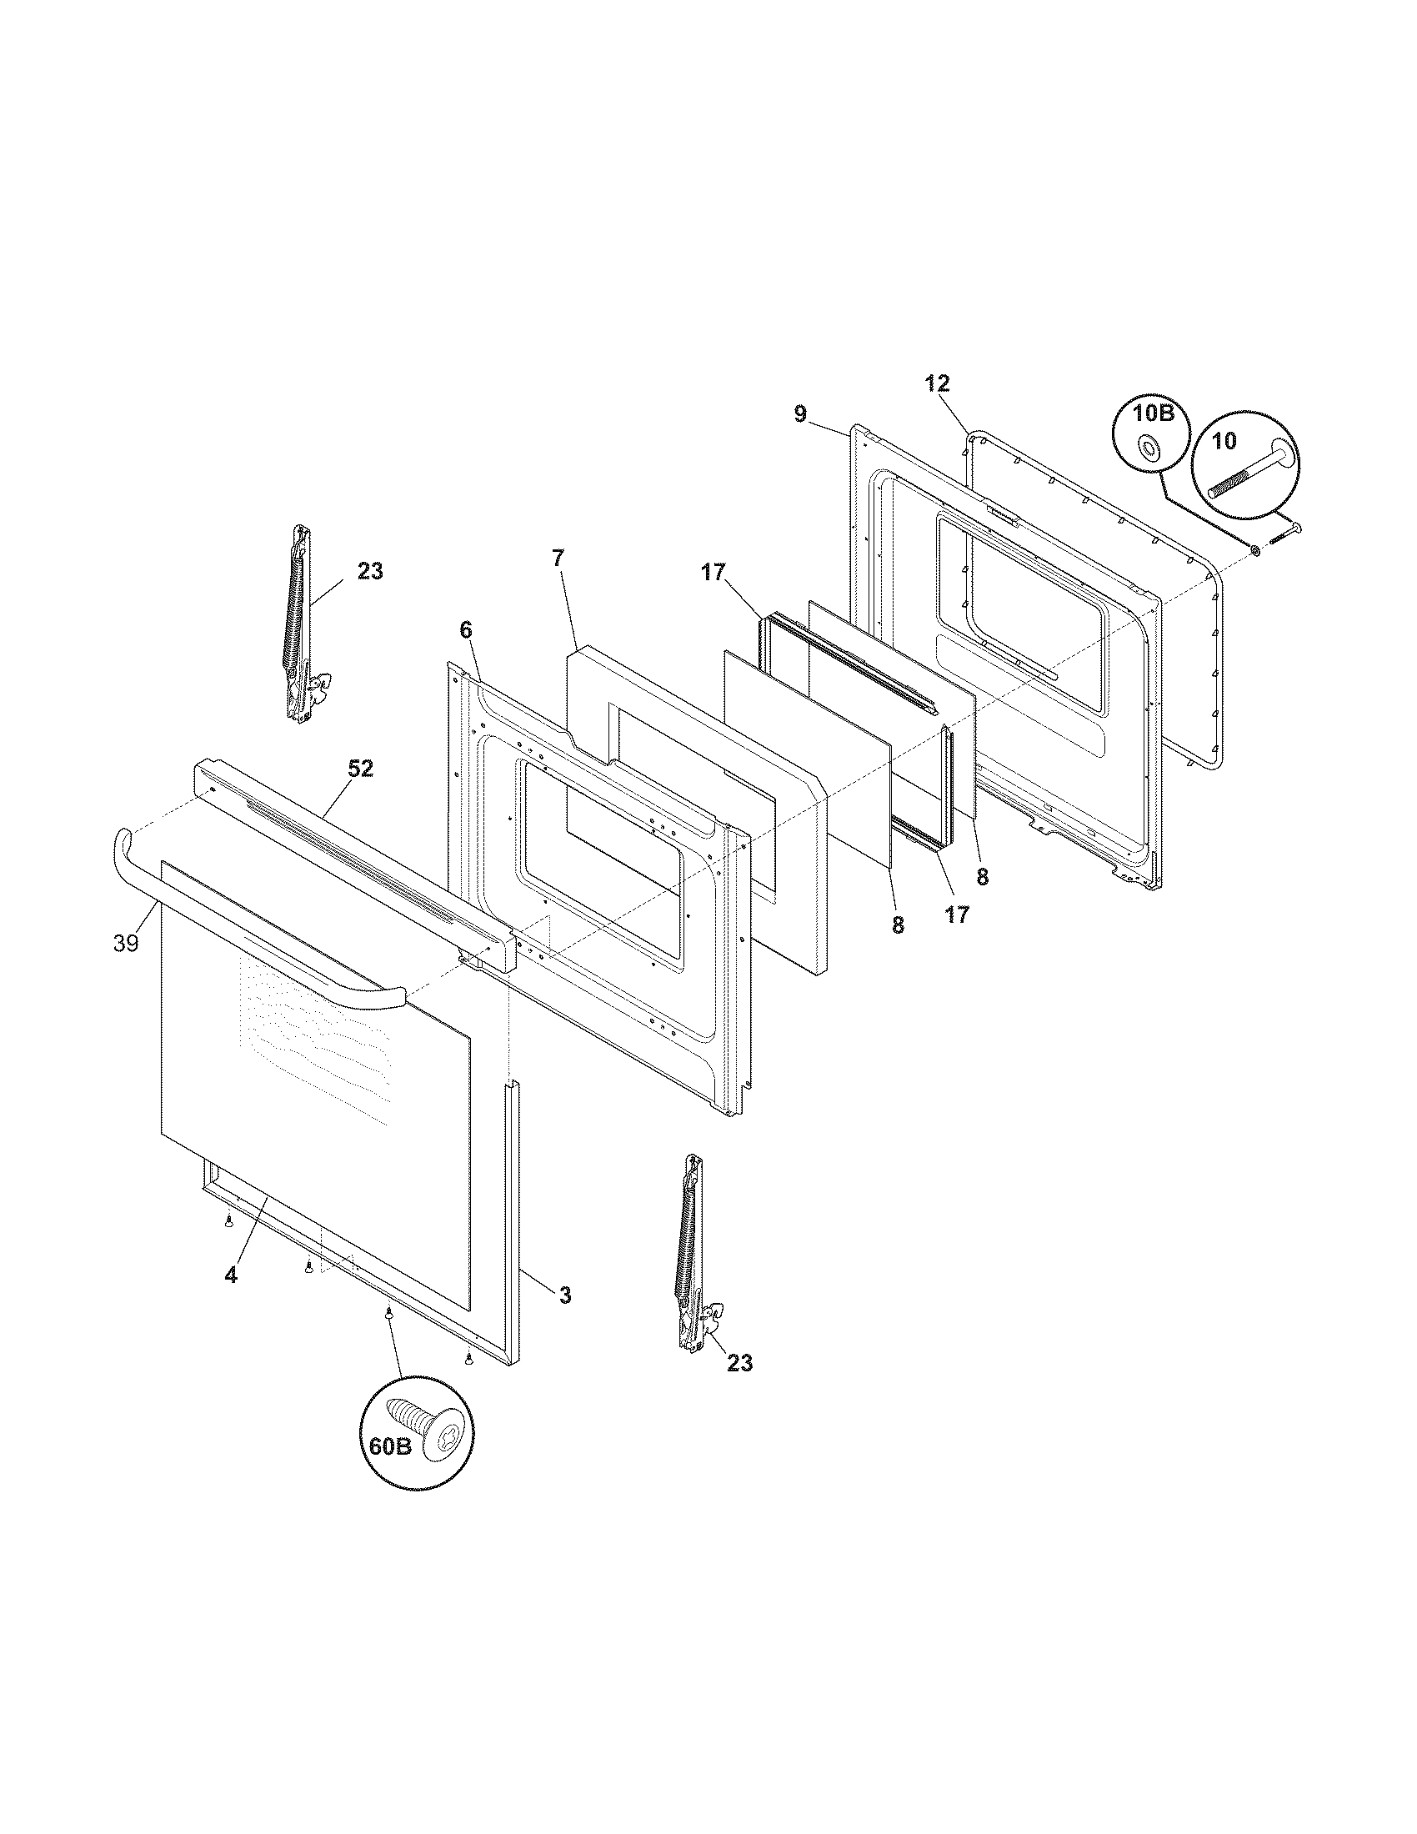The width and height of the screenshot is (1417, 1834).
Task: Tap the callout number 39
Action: [126, 944]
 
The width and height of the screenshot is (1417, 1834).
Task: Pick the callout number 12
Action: [937, 383]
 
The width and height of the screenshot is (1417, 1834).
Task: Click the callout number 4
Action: [231, 1299]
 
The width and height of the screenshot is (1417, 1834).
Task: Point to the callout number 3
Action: [565, 1295]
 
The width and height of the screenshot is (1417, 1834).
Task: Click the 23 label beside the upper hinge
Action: [369, 572]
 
